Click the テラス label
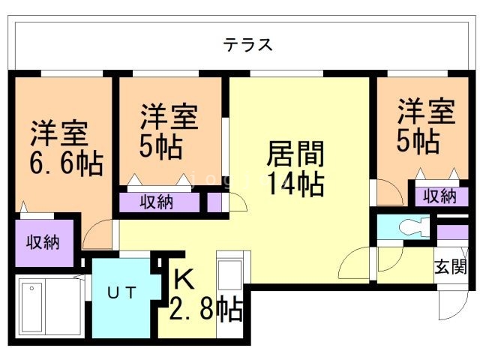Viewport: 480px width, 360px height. click(247, 44)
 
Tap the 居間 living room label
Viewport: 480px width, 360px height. click(296, 154)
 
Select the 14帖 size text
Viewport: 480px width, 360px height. click(296, 182)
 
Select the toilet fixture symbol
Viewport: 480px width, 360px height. click(412, 226)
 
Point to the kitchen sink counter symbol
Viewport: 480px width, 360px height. click(228, 277)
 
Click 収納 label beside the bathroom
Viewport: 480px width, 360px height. click(43, 242)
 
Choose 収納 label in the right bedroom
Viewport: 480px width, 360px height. click(439, 196)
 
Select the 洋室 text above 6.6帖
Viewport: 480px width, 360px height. click(59, 133)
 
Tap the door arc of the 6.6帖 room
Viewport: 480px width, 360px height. click(97, 236)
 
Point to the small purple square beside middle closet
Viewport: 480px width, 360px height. click(214, 202)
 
